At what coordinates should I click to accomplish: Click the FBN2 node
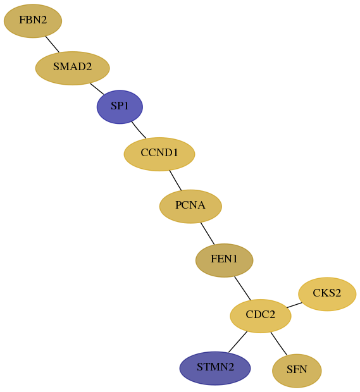[33, 21]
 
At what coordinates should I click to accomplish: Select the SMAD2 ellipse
[73, 68]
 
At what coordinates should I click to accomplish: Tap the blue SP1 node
[120, 107]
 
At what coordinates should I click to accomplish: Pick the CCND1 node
[159, 154]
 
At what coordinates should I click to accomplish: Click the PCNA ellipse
[190, 206]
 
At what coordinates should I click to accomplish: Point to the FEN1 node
[225, 260]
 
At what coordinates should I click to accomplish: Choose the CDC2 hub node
[261, 315]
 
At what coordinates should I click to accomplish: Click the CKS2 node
[327, 294]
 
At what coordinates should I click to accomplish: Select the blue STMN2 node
[215, 368]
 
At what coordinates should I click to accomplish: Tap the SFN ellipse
[297, 371]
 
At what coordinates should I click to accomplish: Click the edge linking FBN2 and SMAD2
[53, 44]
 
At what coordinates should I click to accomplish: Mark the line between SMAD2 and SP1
[97, 89]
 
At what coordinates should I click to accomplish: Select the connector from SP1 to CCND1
[139, 130]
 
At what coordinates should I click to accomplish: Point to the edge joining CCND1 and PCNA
[175, 180]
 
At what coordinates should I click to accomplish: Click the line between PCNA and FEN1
[208, 233]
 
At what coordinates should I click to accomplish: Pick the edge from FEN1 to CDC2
[242, 288]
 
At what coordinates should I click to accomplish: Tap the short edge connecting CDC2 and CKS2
[294, 305]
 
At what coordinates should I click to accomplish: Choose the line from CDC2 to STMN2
[238, 342]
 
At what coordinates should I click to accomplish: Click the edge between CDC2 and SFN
[278, 343]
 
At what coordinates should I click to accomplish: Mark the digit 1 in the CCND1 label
[175, 152]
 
